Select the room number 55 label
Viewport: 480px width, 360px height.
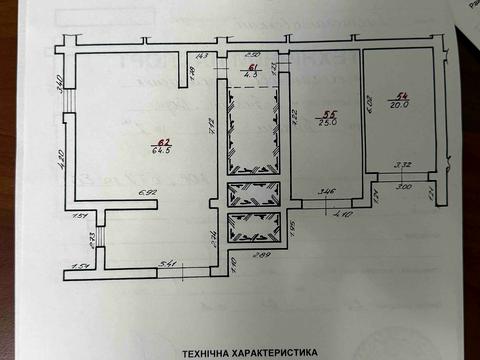point(322,112)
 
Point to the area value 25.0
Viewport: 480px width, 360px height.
point(323,122)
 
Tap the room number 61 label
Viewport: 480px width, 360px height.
point(253,66)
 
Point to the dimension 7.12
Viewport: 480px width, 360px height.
point(211,125)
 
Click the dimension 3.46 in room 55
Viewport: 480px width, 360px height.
point(326,189)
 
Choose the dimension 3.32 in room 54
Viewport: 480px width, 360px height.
point(403,166)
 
